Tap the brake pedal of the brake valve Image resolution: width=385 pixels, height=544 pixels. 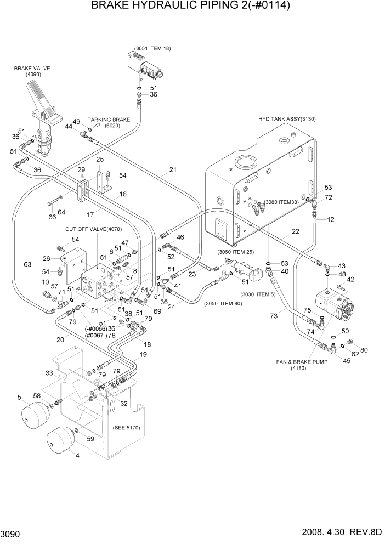tap(41, 96)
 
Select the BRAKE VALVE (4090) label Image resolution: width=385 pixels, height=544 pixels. tap(32, 72)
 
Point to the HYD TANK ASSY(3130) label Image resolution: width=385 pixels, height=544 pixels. tap(287, 119)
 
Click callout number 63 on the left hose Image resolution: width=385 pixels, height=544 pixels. tap(27, 264)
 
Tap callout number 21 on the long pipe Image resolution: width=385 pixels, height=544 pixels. tap(173, 169)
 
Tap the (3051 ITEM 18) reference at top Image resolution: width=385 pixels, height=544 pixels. tap(152, 48)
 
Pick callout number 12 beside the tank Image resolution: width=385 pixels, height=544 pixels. tap(330, 220)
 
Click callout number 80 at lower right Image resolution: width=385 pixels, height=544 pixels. tap(364, 350)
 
